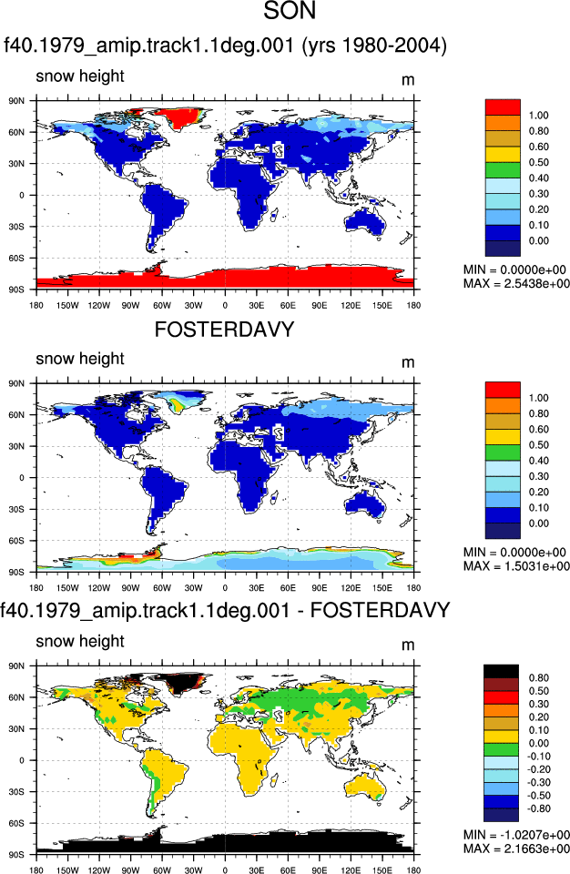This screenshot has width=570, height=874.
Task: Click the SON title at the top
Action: pos(290,11)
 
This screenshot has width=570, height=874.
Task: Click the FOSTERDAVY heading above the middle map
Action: pos(224,330)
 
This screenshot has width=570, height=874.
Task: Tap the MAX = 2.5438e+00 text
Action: pos(516,284)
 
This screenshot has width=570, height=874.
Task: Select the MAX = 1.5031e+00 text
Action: pos(516,566)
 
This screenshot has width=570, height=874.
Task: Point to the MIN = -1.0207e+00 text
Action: pos(516,835)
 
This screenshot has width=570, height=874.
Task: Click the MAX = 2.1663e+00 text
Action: pos(516,849)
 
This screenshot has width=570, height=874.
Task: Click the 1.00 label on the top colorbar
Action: pos(539,116)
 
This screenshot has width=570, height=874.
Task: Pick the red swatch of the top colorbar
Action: pos(503,107)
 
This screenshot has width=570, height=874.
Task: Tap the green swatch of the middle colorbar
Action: pos(503,452)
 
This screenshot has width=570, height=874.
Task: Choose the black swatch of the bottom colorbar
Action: pos(501,671)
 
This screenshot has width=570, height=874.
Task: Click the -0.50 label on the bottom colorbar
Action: pos(539,796)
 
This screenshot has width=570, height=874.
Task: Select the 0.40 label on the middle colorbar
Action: pos(539,461)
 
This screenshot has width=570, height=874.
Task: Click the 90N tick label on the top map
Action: pos(16,101)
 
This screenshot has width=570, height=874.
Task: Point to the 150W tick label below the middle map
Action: pos(67,587)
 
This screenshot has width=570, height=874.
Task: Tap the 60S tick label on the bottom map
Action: pos(16,823)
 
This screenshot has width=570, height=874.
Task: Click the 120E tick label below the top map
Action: pos(351,306)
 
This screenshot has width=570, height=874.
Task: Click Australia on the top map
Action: pos(365,222)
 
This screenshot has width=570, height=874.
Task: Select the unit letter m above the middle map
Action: pos(408,363)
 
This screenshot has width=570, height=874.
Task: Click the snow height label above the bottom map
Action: pos(80,642)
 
